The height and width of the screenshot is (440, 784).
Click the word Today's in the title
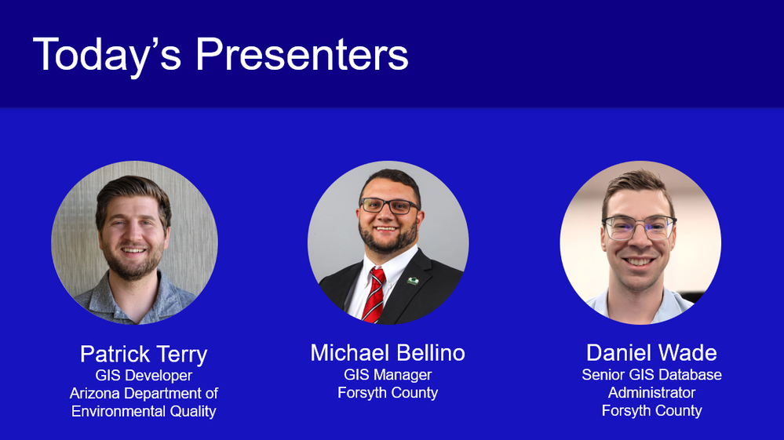[x=107, y=55]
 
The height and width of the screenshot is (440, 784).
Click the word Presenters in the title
[x=302, y=54]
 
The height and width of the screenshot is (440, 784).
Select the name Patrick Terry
[x=144, y=355]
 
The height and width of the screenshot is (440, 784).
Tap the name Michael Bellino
[x=388, y=353]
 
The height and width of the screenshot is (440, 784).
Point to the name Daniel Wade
[x=651, y=353]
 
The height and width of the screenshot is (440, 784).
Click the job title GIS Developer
[x=144, y=376]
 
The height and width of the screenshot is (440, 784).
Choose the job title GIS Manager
[x=388, y=375]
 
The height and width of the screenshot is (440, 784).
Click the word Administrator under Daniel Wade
[x=651, y=393]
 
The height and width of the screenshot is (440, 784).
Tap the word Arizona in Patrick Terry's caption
[x=95, y=394]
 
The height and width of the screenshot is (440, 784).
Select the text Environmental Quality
[x=144, y=411]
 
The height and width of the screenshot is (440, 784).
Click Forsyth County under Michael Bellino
[x=388, y=393]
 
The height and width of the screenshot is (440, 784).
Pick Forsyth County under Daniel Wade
[x=651, y=410]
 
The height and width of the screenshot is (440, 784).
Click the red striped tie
[x=374, y=296]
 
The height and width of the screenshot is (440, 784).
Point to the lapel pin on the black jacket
[x=413, y=282]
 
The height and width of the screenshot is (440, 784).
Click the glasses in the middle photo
[x=389, y=205]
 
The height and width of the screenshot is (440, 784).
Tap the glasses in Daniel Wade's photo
[x=639, y=227]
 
